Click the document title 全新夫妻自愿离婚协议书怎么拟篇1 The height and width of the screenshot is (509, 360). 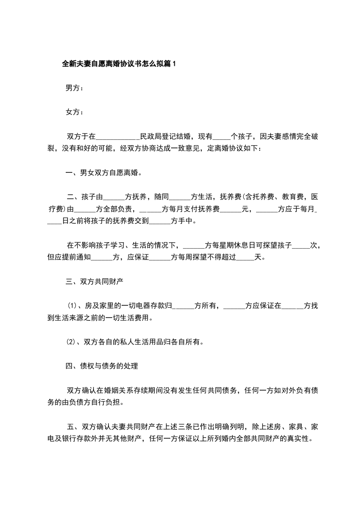[118, 64]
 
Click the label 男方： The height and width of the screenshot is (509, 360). [74, 88]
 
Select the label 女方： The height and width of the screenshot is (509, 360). [74, 112]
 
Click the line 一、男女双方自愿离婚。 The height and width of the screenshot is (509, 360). [104, 172]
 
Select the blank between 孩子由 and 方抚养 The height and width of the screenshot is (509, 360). [115, 197]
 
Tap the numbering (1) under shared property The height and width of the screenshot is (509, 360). [73, 306]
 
